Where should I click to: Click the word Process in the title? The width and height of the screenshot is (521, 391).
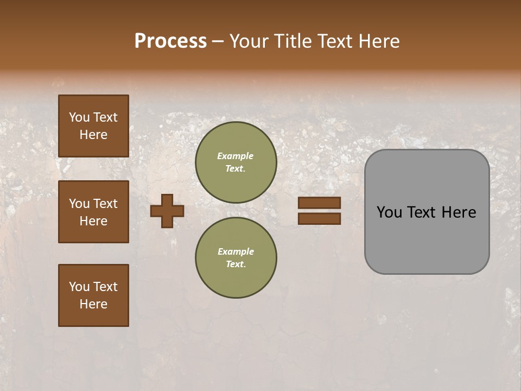[x=170, y=41]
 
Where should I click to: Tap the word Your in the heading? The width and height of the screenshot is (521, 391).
[x=250, y=41]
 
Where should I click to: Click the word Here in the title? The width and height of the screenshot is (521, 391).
[x=377, y=41]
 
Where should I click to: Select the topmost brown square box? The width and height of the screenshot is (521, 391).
[x=93, y=126]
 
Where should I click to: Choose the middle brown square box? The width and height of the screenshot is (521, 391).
[x=93, y=212]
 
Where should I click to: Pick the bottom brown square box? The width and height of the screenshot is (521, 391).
[x=93, y=295]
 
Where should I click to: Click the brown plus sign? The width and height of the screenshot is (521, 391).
[x=167, y=211]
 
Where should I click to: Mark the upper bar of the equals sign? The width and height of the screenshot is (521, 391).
[x=319, y=203]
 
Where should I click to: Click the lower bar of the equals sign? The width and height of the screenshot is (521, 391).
[x=319, y=219]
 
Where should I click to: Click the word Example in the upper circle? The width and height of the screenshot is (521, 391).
[x=236, y=156]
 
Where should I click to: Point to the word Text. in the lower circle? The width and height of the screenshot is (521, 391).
[x=236, y=264]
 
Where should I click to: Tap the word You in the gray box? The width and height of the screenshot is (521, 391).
[x=390, y=212]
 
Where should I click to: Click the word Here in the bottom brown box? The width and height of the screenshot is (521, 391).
[x=93, y=304]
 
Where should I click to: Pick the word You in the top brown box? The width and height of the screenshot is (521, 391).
[x=79, y=117]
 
